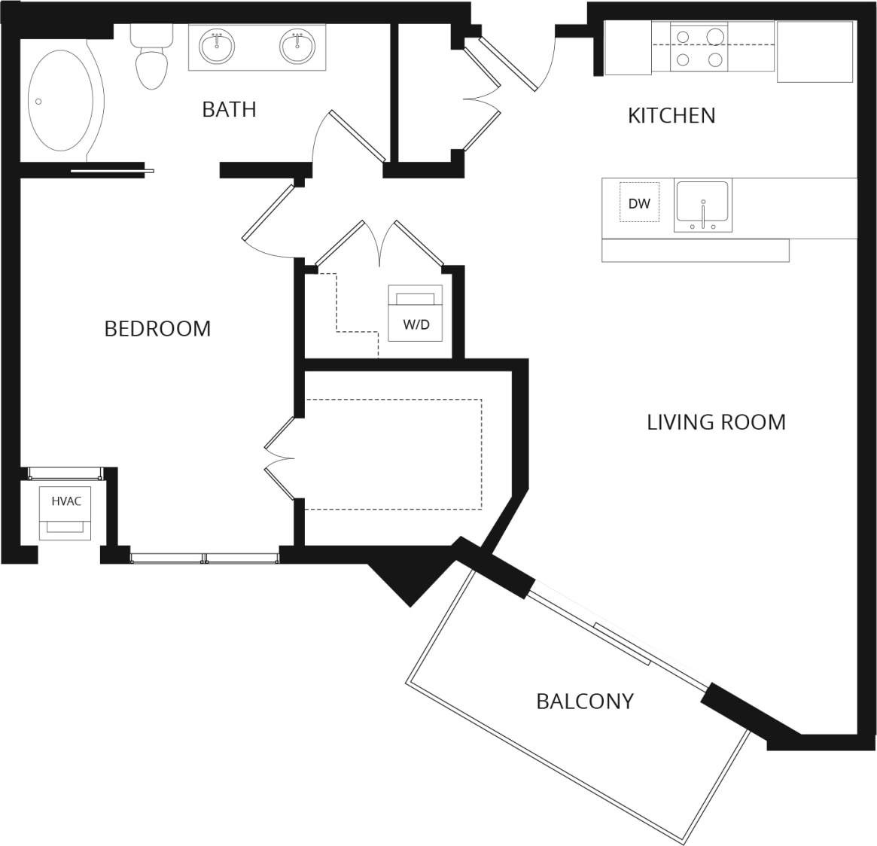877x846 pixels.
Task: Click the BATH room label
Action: tap(229, 109)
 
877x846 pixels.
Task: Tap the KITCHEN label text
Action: tap(671, 115)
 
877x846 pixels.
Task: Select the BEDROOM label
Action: tap(157, 328)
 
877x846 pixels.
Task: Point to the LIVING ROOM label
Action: tap(716, 421)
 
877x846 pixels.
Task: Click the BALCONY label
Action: tap(584, 701)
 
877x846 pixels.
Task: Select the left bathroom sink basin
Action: tap(217, 47)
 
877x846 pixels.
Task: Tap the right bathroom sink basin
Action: tap(297, 47)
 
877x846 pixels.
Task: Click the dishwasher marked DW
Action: tap(639, 202)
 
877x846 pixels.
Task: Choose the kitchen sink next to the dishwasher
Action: tap(702, 204)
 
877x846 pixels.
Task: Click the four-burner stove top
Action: tap(699, 47)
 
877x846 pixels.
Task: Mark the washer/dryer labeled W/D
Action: tap(416, 313)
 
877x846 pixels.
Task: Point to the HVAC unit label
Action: tap(66, 501)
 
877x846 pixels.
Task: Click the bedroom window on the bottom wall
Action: tap(204, 558)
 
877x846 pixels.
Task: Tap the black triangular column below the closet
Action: tap(410, 580)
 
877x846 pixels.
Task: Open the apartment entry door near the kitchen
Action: tap(508, 63)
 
